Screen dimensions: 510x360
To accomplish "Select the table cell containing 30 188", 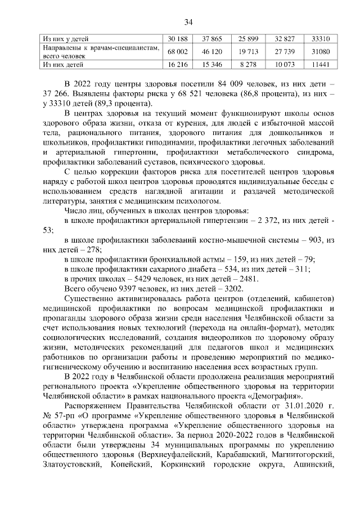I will click(x=177, y=39).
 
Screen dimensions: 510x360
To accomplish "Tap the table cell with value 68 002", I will click(x=177, y=52).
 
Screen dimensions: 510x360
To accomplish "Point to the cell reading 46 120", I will click(x=213, y=52).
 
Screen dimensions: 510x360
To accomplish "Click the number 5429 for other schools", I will click(x=133, y=279).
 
